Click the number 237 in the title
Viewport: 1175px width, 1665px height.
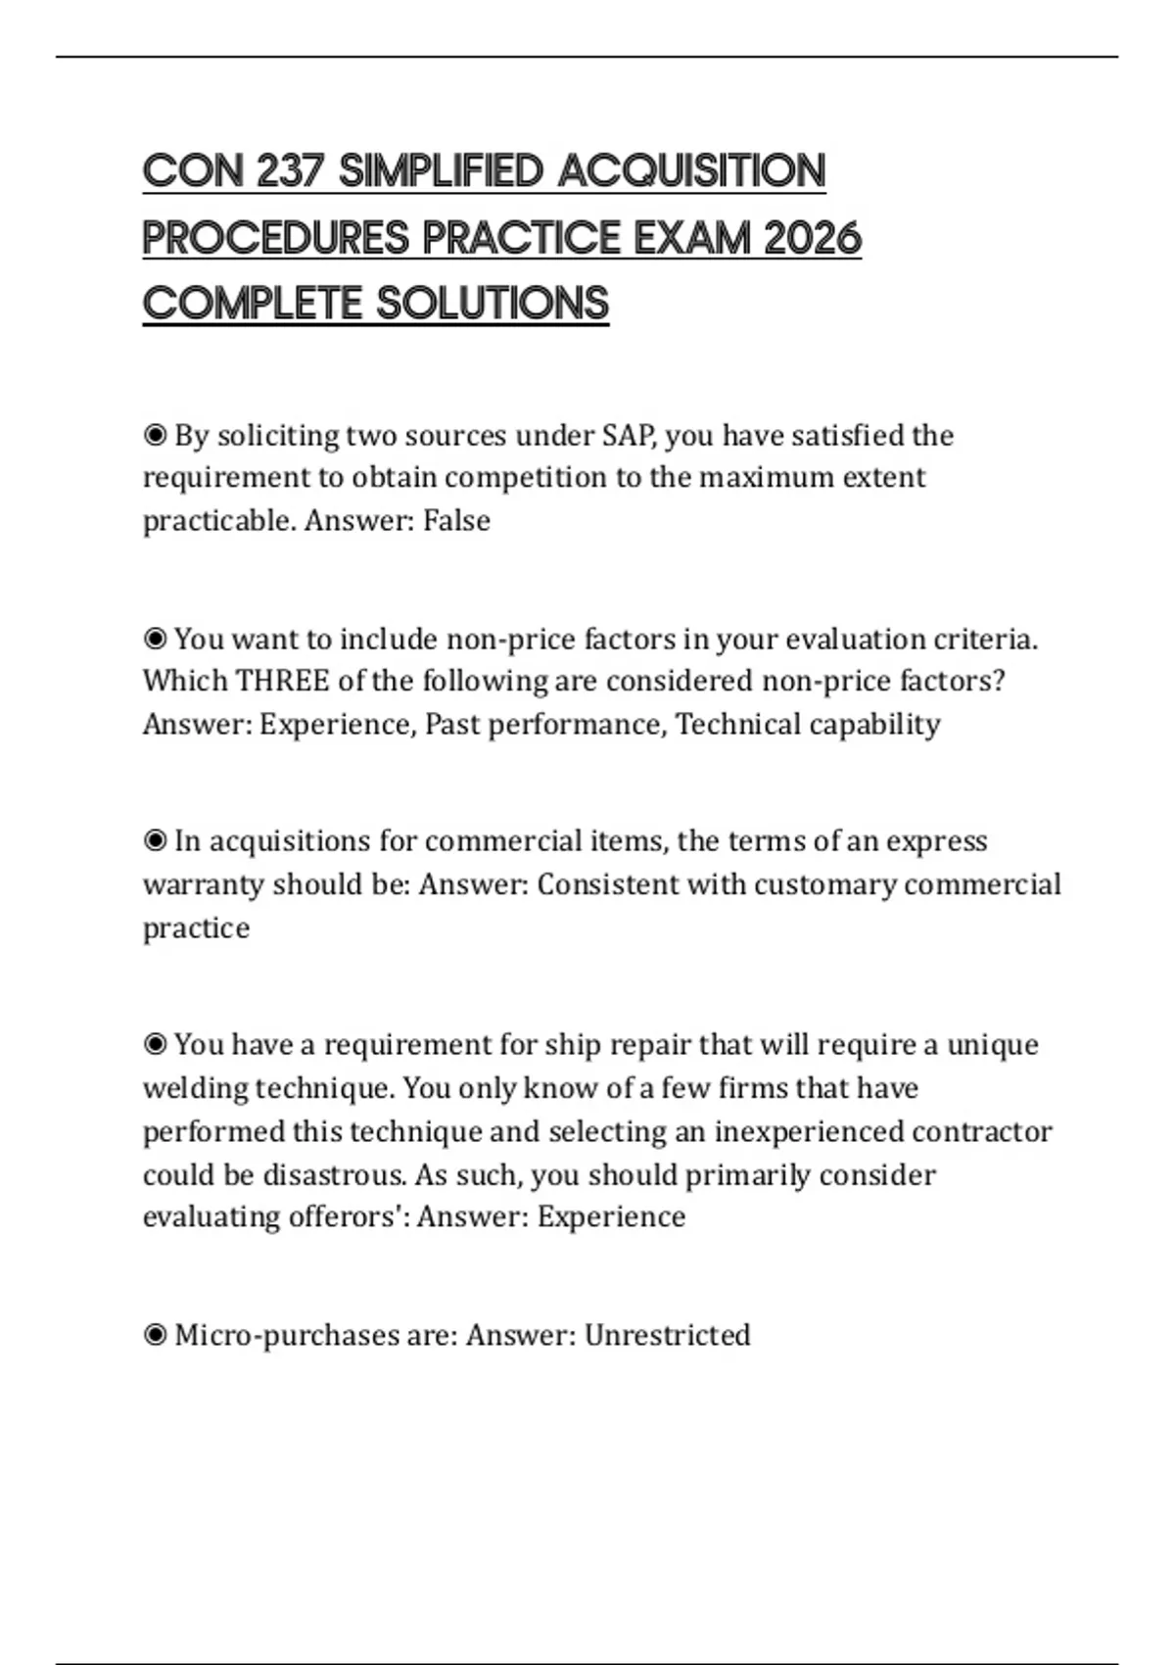290,171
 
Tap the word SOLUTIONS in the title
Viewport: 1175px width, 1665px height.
493,304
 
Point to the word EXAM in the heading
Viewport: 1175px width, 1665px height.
691,238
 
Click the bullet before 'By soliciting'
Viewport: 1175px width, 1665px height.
155,435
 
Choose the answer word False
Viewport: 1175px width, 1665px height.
456,520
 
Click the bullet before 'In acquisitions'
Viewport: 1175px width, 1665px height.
155,841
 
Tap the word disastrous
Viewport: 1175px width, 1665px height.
334,1174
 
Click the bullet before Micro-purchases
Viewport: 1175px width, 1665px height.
155,1335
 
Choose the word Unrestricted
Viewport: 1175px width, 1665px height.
668,1335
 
